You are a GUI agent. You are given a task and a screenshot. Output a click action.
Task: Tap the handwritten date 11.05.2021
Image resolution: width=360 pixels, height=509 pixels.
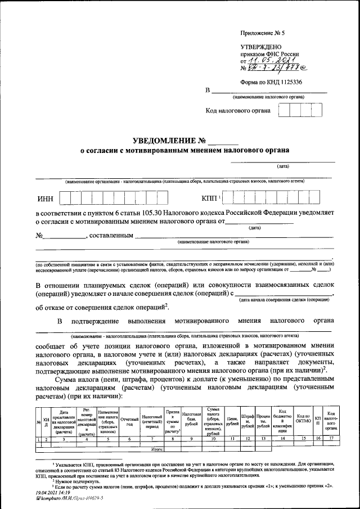coord(267,61)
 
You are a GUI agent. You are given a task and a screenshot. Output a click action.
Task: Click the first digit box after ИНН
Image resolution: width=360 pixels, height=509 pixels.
coord(65,199)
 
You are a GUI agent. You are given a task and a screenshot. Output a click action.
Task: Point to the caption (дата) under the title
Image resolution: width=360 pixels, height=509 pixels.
coord(282,166)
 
